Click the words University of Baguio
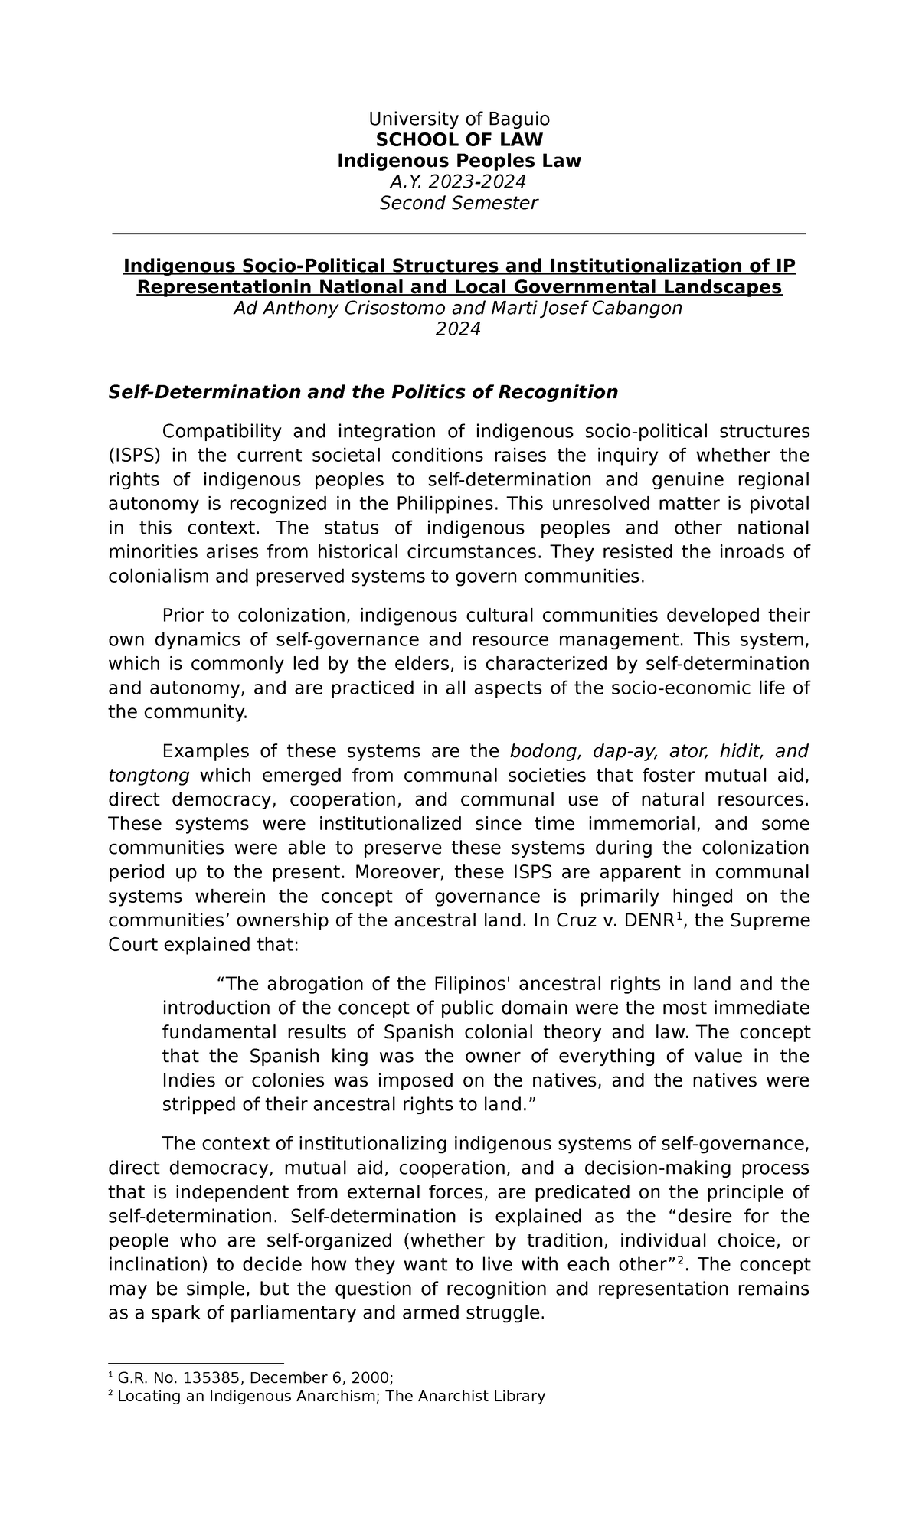click(459, 119)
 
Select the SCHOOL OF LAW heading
click(459, 139)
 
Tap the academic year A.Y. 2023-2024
click(459, 181)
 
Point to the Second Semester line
click(459, 203)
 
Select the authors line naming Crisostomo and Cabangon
click(458, 308)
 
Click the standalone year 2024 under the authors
click(458, 329)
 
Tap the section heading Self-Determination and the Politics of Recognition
click(363, 392)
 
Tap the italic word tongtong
click(149, 776)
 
